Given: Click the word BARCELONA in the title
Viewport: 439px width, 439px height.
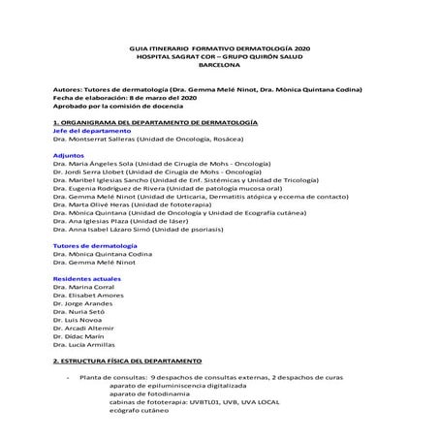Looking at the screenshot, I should pyautogui.click(x=218, y=66).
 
